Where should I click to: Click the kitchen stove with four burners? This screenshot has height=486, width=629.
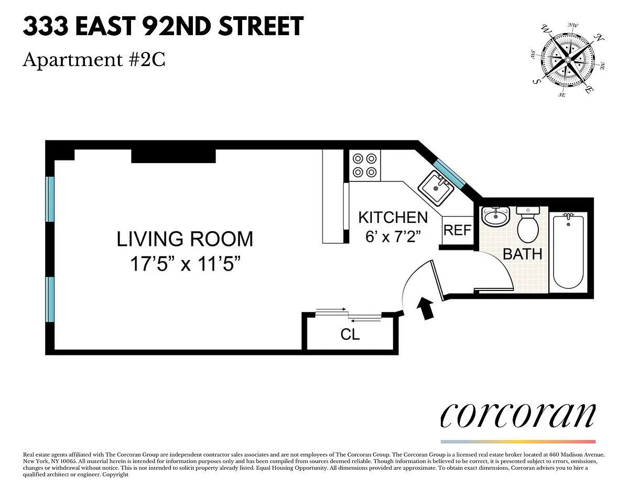(x=365, y=166)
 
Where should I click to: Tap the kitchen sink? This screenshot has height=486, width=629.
(x=436, y=188)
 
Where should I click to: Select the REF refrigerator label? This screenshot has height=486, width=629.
(x=458, y=230)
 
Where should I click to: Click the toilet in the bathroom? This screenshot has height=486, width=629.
(x=528, y=224)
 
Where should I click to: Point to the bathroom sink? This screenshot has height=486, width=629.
(x=495, y=216)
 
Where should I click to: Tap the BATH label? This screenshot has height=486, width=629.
(x=523, y=254)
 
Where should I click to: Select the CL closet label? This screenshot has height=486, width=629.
(x=350, y=334)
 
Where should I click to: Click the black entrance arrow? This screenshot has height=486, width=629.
(x=426, y=308)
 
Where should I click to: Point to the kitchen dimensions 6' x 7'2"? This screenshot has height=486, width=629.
(x=393, y=237)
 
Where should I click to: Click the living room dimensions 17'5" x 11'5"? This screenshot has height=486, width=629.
(x=185, y=264)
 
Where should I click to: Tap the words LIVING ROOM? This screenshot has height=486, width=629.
(x=185, y=239)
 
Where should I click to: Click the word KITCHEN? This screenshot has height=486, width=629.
(x=393, y=218)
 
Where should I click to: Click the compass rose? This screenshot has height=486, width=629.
(x=567, y=60)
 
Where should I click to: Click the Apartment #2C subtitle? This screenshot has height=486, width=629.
(x=94, y=60)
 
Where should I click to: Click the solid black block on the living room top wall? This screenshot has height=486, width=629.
(x=173, y=156)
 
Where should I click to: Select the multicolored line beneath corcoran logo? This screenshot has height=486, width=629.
(x=518, y=442)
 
